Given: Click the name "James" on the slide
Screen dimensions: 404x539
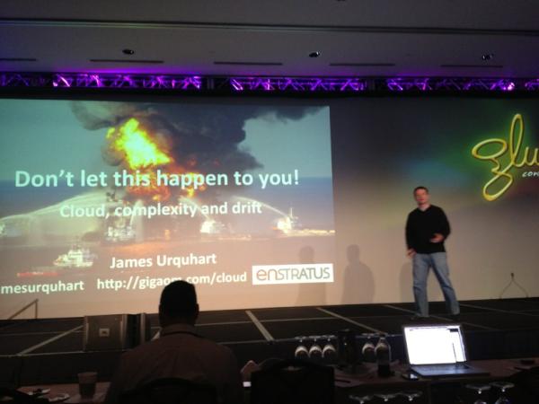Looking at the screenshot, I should (x=133, y=261).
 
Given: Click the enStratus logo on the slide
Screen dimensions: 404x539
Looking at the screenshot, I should (x=292, y=274).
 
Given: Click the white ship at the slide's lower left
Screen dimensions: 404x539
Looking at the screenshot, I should (x=75, y=259).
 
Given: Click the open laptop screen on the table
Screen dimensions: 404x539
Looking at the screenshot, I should (x=433, y=345).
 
